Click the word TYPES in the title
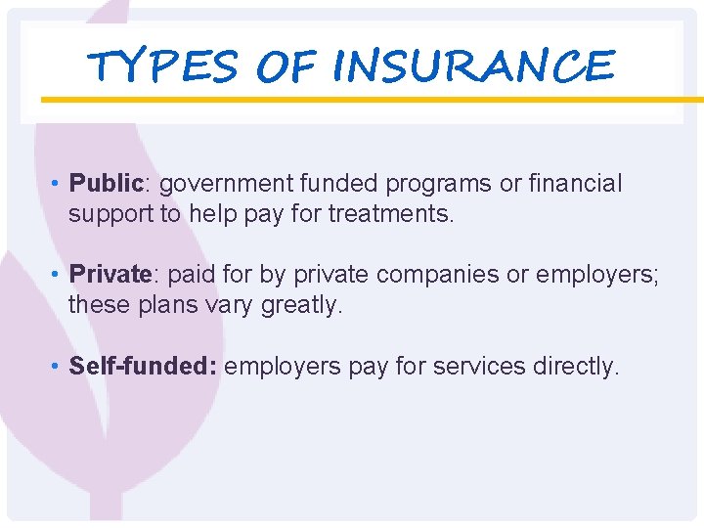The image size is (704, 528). (161, 67)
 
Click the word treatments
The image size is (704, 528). (391, 213)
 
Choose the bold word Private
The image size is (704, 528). (110, 275)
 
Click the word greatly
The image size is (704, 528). (302, 304)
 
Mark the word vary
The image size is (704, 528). (227, 304)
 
